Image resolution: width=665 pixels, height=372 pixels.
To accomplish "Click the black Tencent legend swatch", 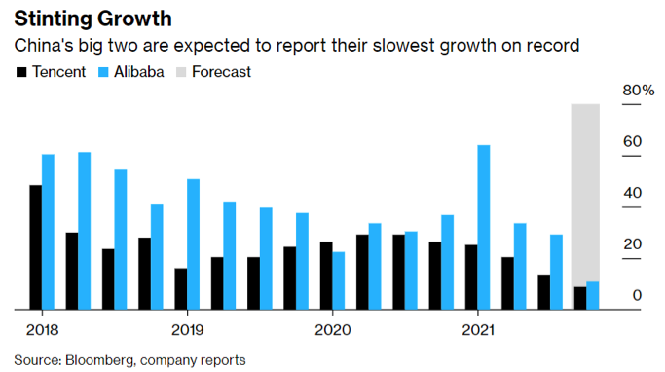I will (19, 72).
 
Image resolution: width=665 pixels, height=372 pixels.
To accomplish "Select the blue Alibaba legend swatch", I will (105, 72).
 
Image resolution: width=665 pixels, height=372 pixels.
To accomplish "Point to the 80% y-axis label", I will (638, 91).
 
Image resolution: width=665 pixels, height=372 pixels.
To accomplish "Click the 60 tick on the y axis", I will (632, 142).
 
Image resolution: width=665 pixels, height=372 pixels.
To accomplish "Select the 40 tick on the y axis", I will (632, 193).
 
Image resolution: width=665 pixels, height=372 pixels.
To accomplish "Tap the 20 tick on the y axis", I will (632, 244).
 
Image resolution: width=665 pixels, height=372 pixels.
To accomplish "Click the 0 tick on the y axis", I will (636, 295).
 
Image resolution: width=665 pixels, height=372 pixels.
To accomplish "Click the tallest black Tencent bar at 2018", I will (36, 247).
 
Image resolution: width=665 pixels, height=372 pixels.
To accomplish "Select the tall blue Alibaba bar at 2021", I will (484, 228).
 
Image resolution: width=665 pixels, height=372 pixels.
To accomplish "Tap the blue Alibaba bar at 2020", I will (339, 280).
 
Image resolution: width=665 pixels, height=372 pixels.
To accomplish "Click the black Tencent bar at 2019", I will (181, 289).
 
